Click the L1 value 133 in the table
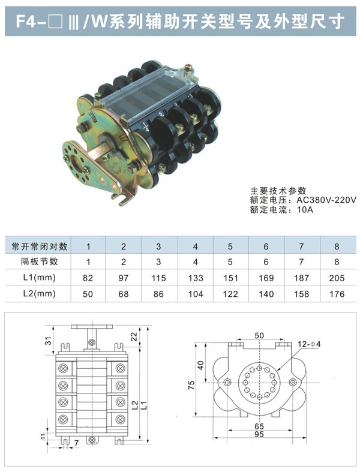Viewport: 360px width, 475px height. tap(196, 278)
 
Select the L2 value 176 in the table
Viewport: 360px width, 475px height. tap(337, 294)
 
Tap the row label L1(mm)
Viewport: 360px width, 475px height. tap(40, 277)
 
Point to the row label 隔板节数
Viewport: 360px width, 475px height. tap(40, 261)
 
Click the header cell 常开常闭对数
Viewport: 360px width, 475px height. tap(40, 246)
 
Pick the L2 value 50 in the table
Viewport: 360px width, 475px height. tap(88, 294)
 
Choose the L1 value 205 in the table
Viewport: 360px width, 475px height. tap(337, 278)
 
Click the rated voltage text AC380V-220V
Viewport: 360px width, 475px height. tap(326, 200)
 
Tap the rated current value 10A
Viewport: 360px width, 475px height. tap(305, 209)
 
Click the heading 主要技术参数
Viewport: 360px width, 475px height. tap(278, 191)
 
